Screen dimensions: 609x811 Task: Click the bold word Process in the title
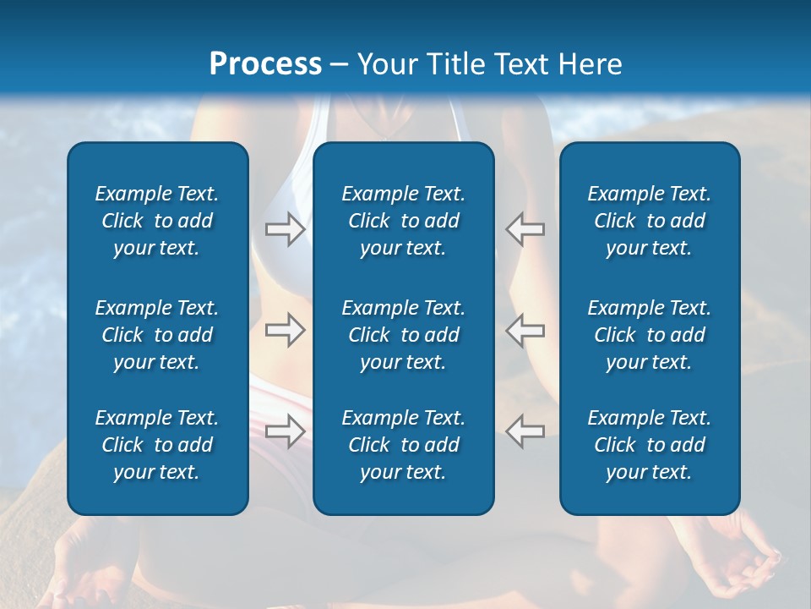(x=265, y=64)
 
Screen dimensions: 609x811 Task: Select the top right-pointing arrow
(x=285, y=229)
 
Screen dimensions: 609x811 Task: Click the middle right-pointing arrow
(x=285, y=330)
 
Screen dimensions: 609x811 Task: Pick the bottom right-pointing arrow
(x=285, y=431)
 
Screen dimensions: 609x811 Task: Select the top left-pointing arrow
(x=525, y=229)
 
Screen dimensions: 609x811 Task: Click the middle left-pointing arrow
(x=525, y=330)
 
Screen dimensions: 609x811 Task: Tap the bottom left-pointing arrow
(x=525, y=431)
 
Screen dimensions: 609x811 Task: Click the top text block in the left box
(x=157, y=221)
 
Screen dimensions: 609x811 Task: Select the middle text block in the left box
(x=157, y=335)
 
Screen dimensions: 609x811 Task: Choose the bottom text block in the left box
(x=157, y=445)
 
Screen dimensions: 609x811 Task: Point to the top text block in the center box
(x=403, y=221)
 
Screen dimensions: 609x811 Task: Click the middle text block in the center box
(x=403, y=335)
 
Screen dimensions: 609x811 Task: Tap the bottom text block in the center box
(x=403, y=445)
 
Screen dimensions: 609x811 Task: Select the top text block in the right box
(x=649, y=221)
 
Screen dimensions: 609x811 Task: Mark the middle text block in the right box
(x=649, y=335)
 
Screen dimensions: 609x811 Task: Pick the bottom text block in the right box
(x=649, y=445)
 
